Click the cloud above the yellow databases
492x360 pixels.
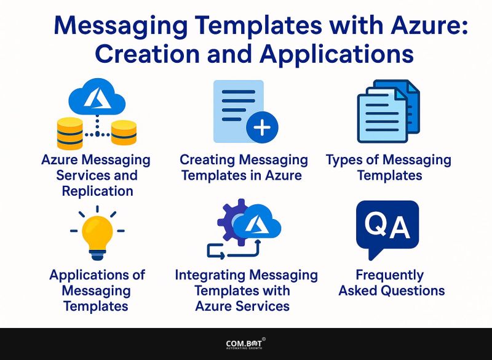[96, 98]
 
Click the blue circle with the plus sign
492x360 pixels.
[262, 127]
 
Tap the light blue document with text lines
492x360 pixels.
[237, 108]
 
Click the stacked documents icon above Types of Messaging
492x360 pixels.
[388, 111]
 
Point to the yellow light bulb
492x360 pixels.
[97, 234]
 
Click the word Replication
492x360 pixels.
[96, 191]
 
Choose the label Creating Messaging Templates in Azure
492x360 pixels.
[244, 167]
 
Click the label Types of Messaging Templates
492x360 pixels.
[388, 167]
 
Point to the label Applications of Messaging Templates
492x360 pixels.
[97, 290]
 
